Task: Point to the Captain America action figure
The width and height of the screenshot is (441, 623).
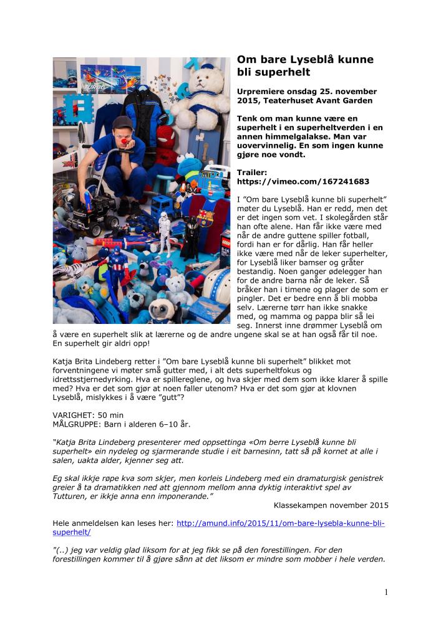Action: (x=117, y=265)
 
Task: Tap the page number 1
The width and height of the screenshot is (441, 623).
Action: (x=386, y=592)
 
